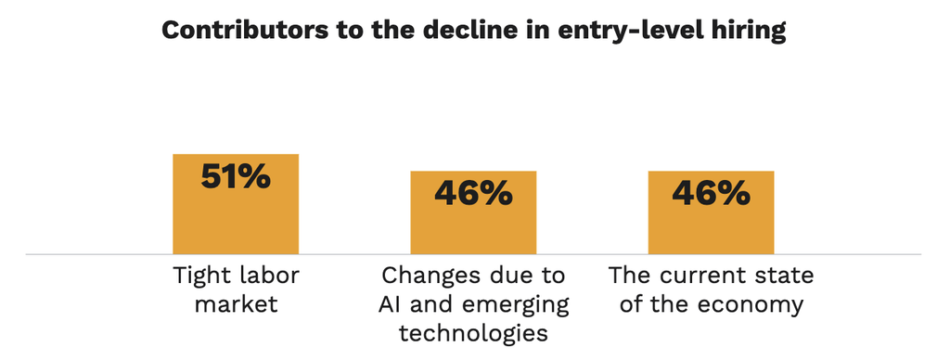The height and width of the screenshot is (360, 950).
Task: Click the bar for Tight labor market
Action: tap(236, 203)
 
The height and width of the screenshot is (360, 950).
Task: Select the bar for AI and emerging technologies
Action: tap(473, 212)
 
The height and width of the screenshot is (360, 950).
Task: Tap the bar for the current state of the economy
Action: tap(711, 212)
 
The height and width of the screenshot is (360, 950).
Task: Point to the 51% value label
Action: tap(236, 177)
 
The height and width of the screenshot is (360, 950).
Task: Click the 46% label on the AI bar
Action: tap(473, 193)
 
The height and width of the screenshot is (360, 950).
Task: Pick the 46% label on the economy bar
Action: tap(712, 193)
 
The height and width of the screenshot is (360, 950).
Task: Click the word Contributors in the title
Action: tap(240, 31)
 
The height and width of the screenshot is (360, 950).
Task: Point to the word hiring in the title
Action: tap(749, 32)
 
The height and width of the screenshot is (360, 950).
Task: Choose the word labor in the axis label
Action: tap(269, 276)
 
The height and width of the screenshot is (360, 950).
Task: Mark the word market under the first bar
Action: tap(237, 304)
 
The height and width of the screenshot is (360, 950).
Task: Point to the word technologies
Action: tap(473, 333)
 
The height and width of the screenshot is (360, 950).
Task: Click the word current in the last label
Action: tap(700, 277)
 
